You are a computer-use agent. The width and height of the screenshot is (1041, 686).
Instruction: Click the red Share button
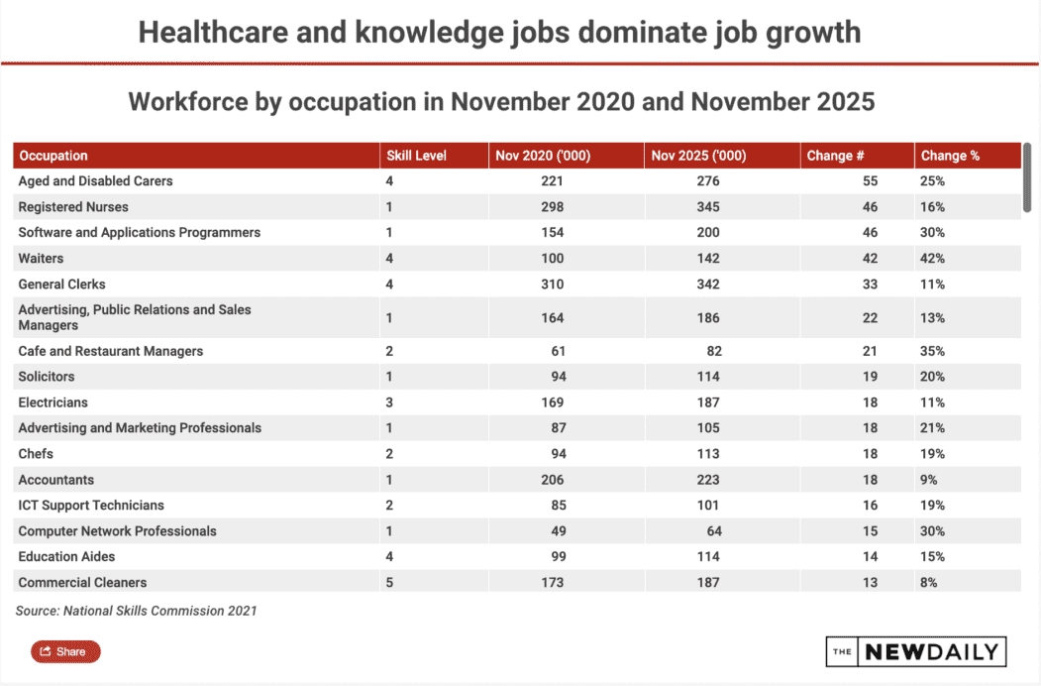tap(65, 651)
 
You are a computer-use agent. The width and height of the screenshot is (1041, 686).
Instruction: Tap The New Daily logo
tap(916, 651)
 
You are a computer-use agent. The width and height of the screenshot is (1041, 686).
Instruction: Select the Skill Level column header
tap(416, 156)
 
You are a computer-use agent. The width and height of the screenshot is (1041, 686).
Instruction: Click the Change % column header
tap(950, 156)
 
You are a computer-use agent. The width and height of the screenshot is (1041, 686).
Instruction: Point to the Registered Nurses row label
tap(73, 207)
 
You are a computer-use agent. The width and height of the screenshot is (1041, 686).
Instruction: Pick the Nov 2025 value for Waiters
tap(707, 259)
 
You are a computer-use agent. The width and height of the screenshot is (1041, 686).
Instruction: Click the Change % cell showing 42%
tap(932, 259)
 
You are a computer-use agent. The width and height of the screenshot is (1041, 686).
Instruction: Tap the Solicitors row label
tap(47, 377)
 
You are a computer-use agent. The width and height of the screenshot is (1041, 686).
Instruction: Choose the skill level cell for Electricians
tap(389, 402)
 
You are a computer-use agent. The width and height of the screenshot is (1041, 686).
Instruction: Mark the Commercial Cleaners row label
tap(82, 583)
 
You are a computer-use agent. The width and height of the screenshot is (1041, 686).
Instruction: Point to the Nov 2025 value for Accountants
tap(707, 480)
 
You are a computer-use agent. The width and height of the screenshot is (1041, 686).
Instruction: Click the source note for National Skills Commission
tap(136, 611)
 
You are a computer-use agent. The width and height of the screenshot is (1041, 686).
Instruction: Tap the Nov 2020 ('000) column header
tap(543, 156)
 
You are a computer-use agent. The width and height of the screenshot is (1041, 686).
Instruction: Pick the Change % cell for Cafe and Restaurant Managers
tap(932, 351)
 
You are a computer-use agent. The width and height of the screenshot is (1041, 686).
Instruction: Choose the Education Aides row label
tap(66, 557)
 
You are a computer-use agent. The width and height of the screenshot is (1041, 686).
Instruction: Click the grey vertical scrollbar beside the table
tap(1027, 176)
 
